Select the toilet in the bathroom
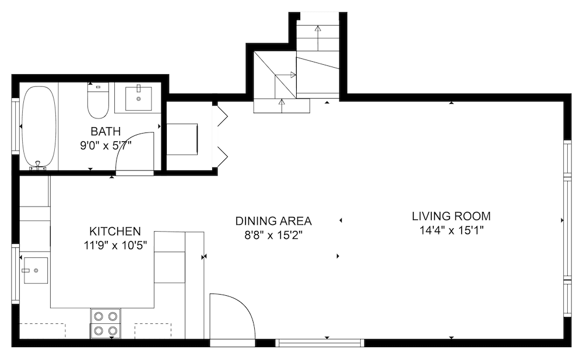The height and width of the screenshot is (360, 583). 98,100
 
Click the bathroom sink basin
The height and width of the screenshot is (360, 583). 139,98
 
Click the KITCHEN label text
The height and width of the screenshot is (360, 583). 115,231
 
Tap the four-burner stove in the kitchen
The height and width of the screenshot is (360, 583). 106,323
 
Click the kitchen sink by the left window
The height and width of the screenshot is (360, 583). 36,270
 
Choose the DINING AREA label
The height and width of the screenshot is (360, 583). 273,221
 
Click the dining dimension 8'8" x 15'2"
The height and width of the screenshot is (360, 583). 273,235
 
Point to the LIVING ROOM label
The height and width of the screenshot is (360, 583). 451,216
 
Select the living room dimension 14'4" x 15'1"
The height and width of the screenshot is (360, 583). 451,230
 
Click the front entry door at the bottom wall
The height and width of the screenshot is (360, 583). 233,318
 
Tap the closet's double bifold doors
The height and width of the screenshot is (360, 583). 222,135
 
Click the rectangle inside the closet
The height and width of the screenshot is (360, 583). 182,139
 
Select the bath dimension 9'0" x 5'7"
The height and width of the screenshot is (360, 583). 106,145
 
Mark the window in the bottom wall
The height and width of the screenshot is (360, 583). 319,343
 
